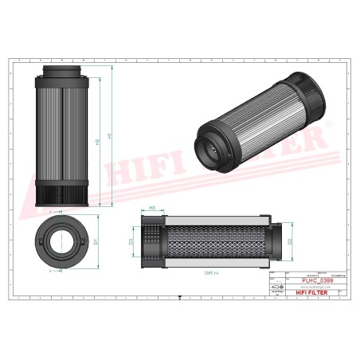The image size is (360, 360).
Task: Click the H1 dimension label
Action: click(109, 137)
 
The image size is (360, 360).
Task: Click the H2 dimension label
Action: click(97, 142)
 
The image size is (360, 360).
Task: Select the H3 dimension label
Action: click(151, 208)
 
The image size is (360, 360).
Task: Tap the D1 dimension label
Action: click(95, 240)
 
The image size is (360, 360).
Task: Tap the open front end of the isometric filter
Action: click(209, 151)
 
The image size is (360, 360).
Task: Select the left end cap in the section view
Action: click(151, 240)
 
